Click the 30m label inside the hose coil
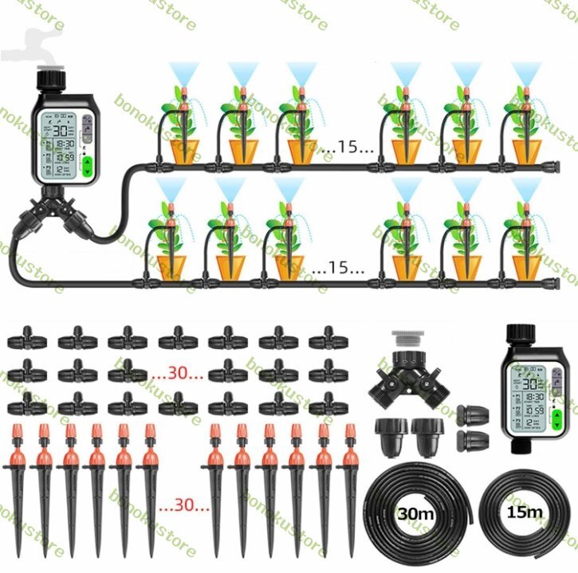[416, 514]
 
